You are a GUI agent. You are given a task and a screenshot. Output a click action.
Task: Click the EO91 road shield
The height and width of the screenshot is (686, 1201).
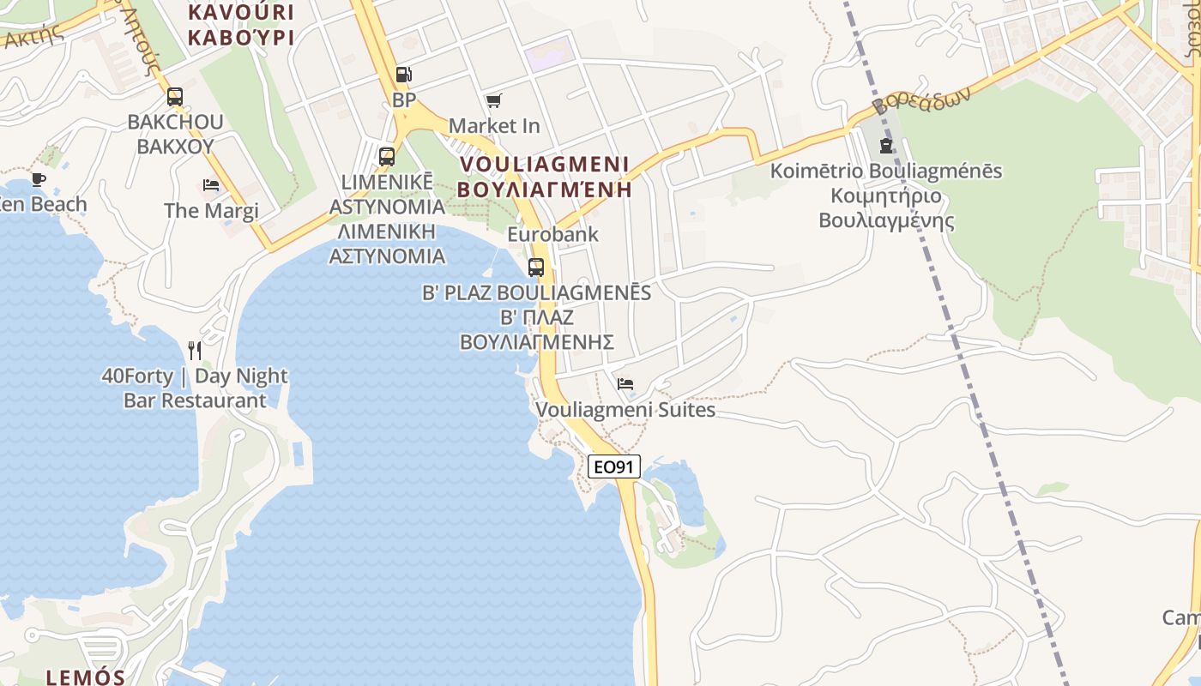point(615,466)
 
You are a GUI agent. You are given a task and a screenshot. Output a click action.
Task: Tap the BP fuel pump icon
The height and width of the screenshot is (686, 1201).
point(403,75)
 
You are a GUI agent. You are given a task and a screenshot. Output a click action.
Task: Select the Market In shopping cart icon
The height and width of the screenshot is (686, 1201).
point(493,101)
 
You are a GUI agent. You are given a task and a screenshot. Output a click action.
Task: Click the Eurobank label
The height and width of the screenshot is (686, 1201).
point(552,234)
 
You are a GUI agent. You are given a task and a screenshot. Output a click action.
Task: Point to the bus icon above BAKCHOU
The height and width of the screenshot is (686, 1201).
point(175,96)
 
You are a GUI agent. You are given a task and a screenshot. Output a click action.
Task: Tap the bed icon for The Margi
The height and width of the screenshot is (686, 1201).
point(211,184)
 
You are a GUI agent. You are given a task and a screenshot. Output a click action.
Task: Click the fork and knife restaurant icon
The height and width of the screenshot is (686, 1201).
point(195,350)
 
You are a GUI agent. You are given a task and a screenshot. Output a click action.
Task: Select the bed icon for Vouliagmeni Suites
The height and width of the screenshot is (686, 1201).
point(625,383)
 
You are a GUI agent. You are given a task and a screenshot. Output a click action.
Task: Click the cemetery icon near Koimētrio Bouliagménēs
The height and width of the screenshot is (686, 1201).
point(885,145)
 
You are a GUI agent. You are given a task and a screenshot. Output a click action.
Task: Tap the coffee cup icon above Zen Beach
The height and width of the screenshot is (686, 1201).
point(38,179)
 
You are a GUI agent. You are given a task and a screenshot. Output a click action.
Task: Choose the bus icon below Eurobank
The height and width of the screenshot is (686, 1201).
point(536,267)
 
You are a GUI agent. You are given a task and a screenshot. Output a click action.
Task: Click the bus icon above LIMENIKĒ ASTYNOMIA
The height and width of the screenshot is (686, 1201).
point(387,156)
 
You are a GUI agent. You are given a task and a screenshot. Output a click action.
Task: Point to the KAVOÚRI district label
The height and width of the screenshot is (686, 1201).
point(240,13)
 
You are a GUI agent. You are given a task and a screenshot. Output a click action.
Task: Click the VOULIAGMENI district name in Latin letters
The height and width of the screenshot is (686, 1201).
point(545,164)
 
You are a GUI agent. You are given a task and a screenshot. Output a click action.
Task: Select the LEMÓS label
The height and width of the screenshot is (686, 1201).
point(86,677)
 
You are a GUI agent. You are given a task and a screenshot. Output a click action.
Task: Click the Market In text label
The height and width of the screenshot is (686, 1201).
point(494,126)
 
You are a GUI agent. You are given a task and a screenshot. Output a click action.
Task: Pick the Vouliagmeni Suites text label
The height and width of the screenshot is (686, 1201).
point(625,410)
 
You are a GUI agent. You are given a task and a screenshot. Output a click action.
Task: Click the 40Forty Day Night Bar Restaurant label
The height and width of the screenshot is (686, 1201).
point(195,388)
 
